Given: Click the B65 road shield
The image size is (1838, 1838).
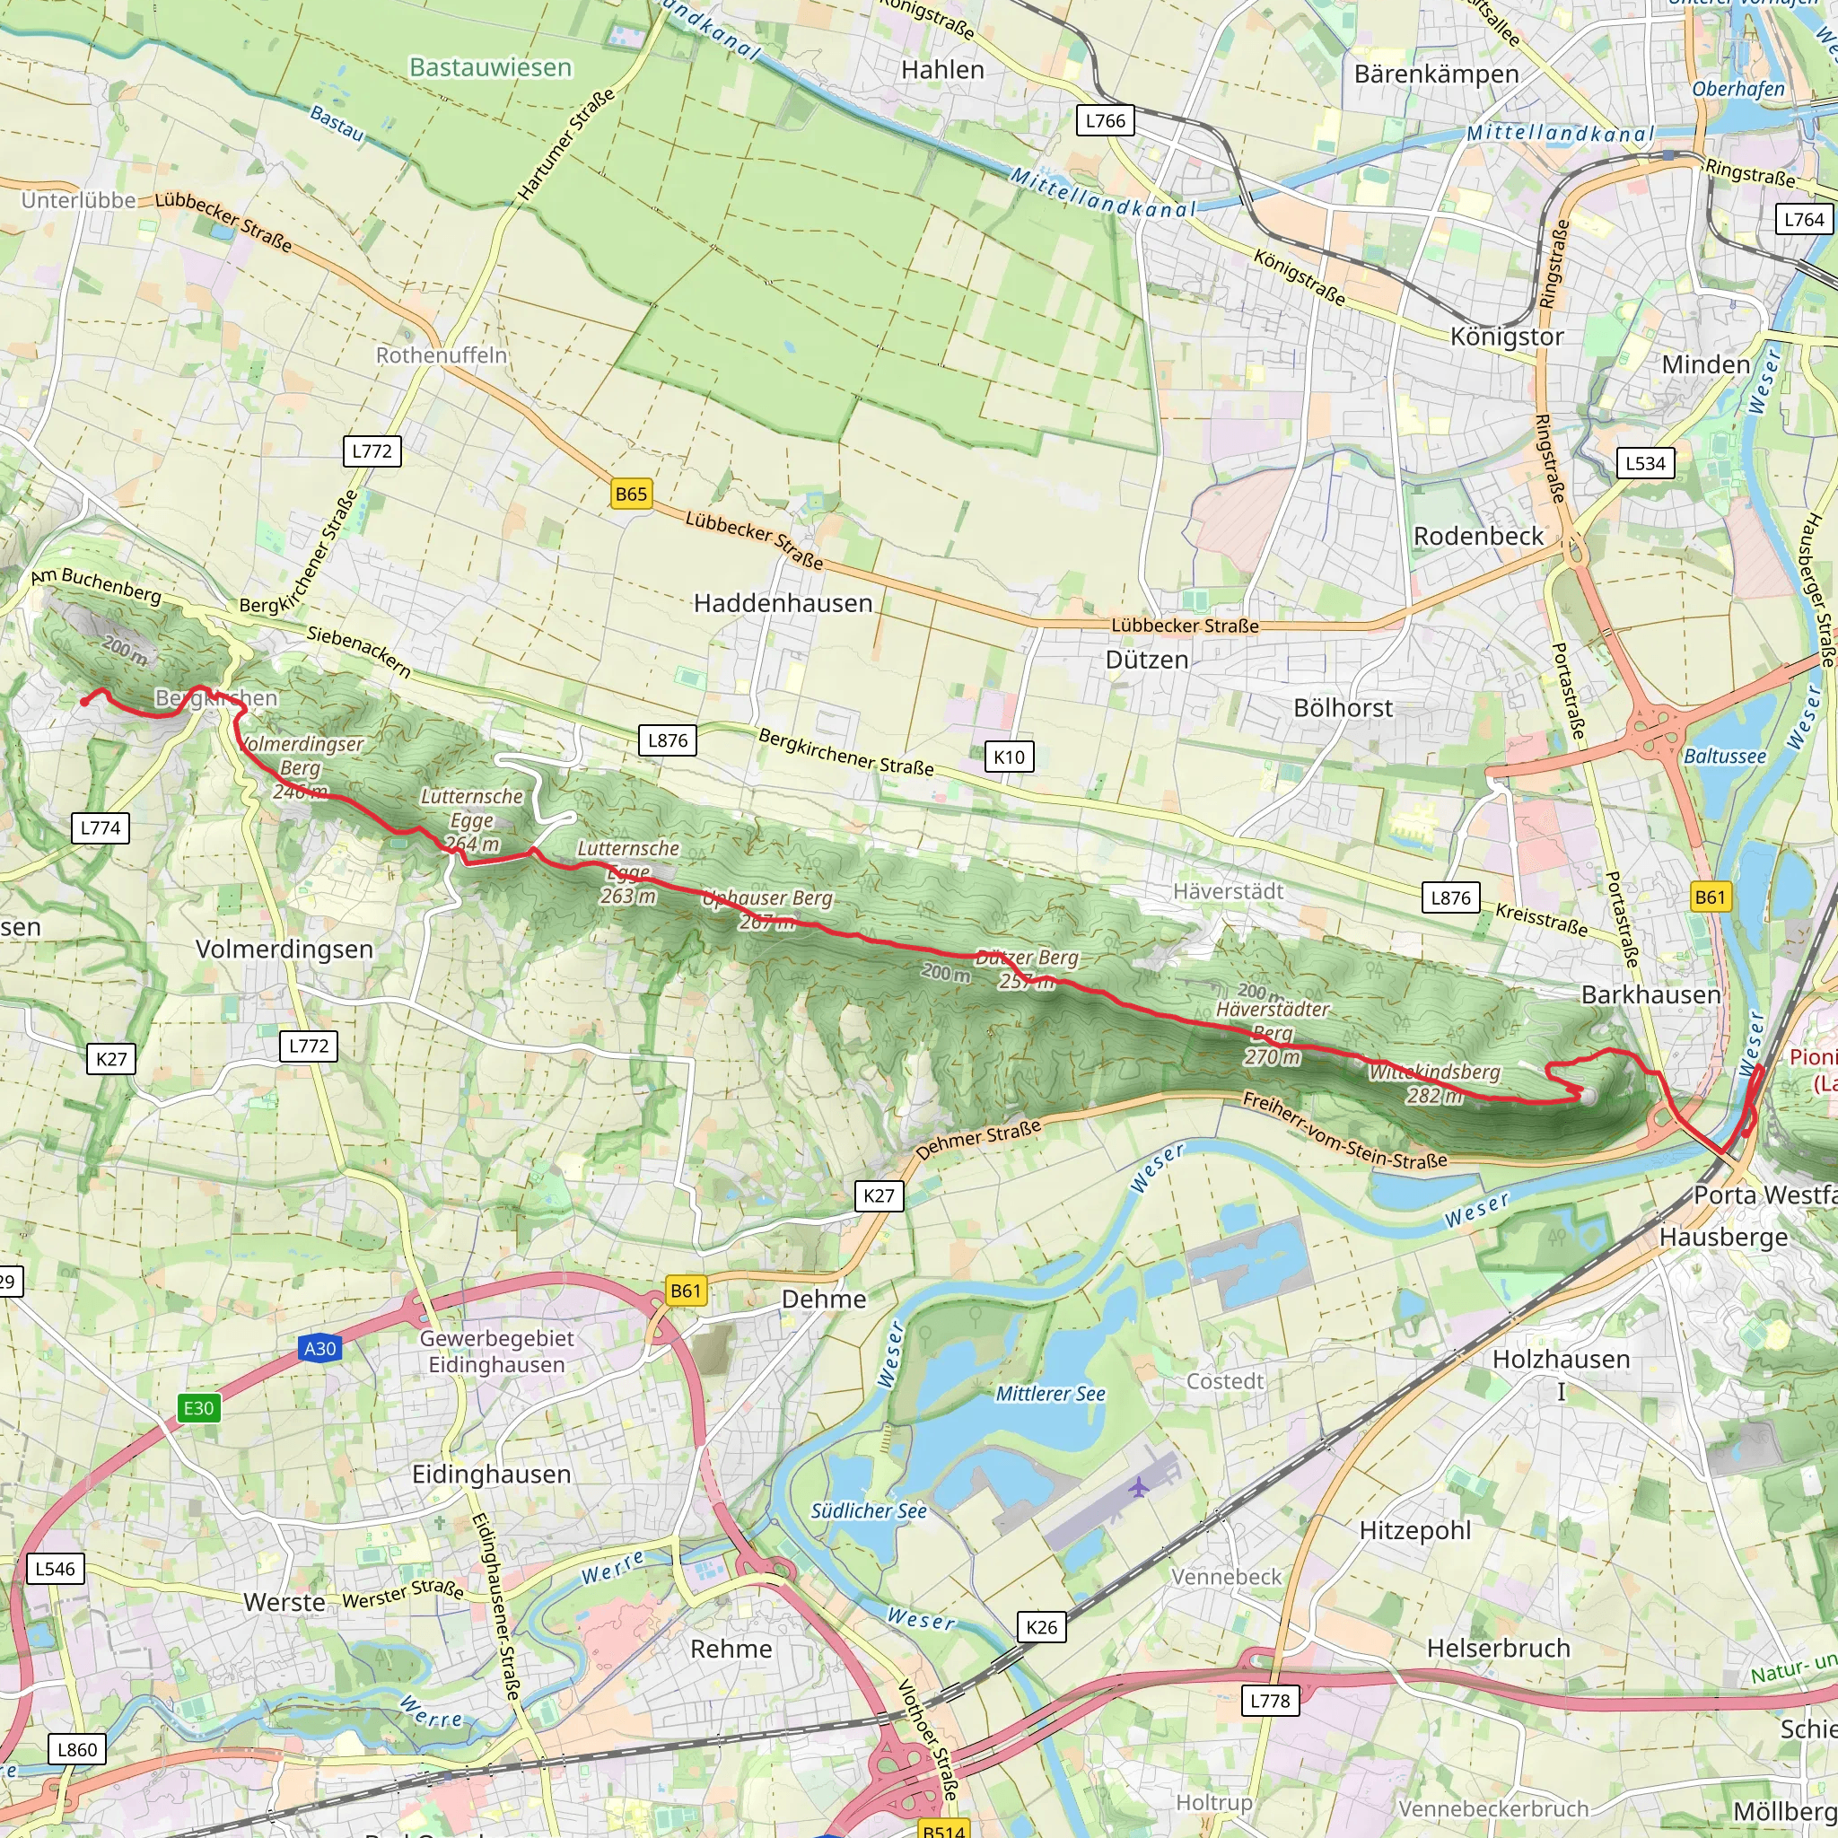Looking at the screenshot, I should (x=631, y=494).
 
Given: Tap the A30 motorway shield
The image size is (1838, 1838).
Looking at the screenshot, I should (x=319, y=1348).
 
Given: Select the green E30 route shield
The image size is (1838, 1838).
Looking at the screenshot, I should (x=199, y=1408).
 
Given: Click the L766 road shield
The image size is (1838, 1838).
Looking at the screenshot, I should (x=1105, y=121).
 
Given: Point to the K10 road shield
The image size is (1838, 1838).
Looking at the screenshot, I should (x=1009, y=757).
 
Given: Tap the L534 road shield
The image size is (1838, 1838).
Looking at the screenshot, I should (x=1645, y=463).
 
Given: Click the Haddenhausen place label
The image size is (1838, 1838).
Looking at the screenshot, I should (x=782, y=603).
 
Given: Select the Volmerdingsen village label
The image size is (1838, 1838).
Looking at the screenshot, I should (x=284, y=949).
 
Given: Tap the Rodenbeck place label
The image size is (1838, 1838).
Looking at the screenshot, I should (x=1478, y=537).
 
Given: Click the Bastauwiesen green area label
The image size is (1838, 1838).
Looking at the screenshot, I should (x=490, y=67).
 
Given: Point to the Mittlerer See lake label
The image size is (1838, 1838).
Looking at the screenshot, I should (x=1050, y=1394).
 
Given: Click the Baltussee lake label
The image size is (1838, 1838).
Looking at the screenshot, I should (x=1725, y=757).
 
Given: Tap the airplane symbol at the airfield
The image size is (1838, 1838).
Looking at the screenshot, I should (x=1139, y=1487).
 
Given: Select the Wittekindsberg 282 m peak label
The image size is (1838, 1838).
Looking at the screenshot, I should (x=1435, y=1082).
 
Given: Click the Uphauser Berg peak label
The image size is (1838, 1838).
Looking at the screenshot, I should (x=766, y=908).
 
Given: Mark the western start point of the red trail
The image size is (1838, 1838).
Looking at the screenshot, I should (x=83, y=703).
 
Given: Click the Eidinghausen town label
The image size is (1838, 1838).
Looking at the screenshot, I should (x=491, y=1474).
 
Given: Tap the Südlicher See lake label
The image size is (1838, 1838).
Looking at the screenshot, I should (x=868, y=1510).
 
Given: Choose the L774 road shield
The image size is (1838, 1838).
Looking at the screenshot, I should (x=100, y=827).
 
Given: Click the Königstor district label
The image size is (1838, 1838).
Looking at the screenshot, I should (x=1507, y=337).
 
